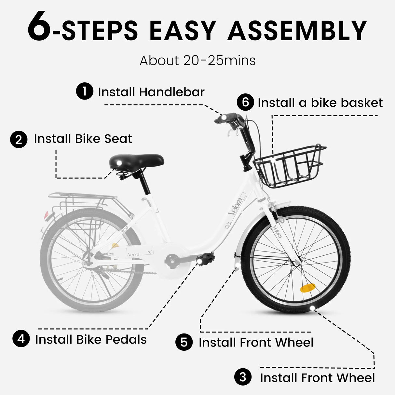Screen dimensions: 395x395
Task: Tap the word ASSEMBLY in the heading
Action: [x=297, y=31]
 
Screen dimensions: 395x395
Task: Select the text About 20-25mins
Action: [x=197, y=61]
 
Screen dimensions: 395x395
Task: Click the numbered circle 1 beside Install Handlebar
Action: [x=85, y=91]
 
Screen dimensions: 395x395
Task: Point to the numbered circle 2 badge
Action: [x=19, y=140]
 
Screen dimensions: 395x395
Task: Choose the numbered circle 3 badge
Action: [x=243, y=377]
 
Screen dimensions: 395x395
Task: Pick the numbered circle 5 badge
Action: [x=184, y=342]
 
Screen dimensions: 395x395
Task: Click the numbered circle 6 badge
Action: [x=245, y=102]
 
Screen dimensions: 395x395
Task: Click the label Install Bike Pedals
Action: [x=91, y=339]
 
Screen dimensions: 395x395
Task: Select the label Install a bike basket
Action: [x=320, y=103]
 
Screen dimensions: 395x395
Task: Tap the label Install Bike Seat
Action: [x=83, y=139]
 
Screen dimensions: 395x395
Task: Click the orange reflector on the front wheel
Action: [x=307, y=288]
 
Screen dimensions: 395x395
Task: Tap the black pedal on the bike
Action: [x=205, y=259]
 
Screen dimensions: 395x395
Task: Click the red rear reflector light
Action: [x=46, y=215]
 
